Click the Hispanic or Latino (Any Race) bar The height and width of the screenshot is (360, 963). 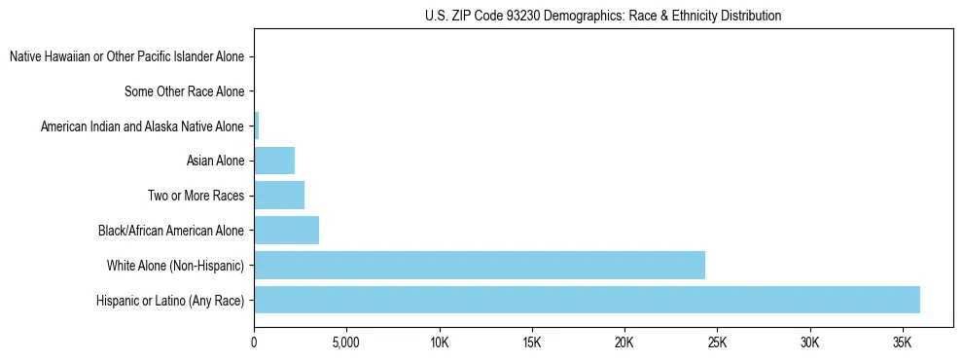(587, 300)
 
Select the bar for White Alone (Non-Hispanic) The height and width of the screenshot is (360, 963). (480, 265)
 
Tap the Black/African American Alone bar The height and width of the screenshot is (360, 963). (286, 231)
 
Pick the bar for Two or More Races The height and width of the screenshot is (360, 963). (279, 196)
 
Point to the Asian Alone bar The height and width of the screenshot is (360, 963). (274, 161)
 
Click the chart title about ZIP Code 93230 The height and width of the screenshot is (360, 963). (603, 16)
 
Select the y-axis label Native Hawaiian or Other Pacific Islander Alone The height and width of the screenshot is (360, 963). (126, 57)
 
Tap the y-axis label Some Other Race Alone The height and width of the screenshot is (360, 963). (184, 92)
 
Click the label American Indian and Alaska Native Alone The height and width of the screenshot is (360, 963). (142, 126)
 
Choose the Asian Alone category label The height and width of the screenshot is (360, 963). (215, 161)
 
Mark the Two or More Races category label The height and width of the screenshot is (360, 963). (196, 196)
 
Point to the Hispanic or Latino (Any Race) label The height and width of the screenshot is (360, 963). (170, 300)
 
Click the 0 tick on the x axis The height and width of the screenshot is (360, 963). (254, 342)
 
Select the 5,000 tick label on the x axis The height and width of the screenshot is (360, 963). (346, 342)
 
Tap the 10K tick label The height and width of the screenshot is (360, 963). (439, 342)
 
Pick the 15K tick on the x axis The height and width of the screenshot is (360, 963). (531, 342)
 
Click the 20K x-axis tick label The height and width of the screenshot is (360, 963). (624, 342)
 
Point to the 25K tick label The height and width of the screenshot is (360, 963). (717, 342)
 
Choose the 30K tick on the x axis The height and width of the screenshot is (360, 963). (809, 342)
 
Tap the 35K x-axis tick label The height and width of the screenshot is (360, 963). (902, 342)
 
